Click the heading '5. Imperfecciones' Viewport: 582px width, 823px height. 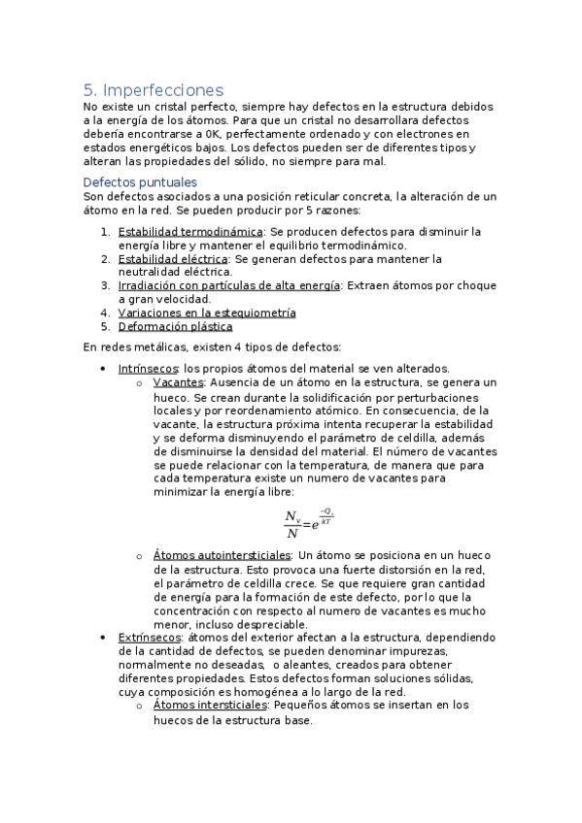tap(153, 90)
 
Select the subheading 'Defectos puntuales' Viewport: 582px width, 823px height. tap(140, 181)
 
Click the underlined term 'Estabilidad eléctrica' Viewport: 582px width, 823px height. tap(173, 259)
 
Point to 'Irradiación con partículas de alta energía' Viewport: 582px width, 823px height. tap(228, 286)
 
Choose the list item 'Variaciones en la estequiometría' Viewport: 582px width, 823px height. tap(207, 313)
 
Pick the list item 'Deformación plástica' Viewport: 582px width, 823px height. tap(175, 327)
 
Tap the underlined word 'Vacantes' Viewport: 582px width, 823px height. tap(178, 382)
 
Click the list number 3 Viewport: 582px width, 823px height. tap(106, 286)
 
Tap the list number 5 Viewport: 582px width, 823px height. tap(106, 327)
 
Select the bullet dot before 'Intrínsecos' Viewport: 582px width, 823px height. tap(103, 369)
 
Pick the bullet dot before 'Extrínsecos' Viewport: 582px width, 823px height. tap(103, 638)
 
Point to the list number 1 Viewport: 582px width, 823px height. tap(106, 232)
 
